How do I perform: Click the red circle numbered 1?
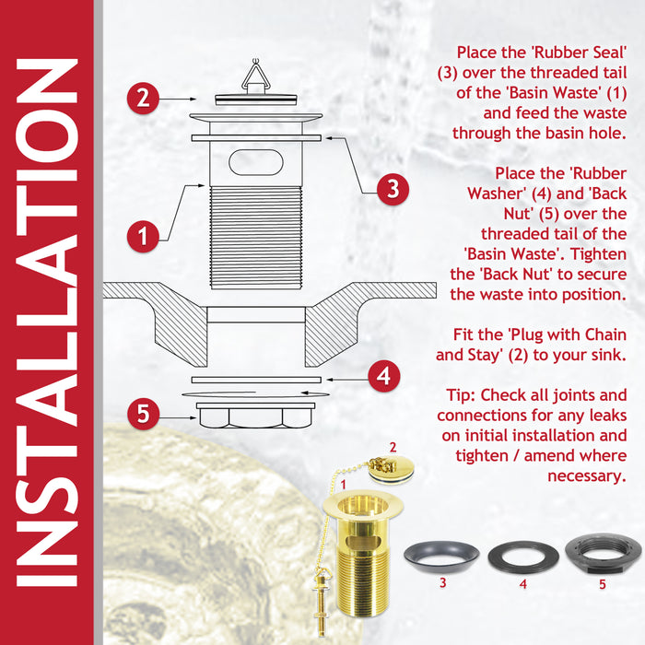143,236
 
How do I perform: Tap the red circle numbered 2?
141,98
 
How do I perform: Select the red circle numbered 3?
393,189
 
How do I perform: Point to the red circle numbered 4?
383,376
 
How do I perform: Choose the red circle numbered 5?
141,414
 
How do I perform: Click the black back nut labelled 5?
603,553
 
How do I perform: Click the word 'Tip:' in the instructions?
460,395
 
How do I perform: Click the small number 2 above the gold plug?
393,448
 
